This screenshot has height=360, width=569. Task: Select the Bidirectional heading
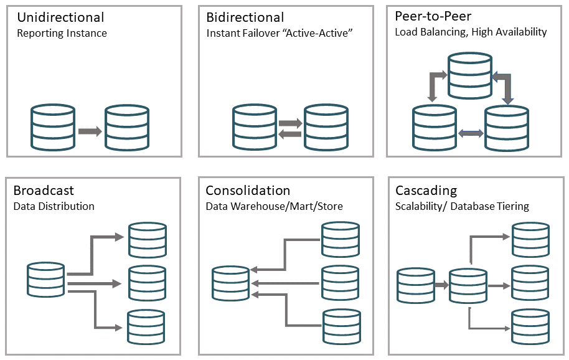pos(245,17)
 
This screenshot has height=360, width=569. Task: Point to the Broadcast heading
pos(44,191)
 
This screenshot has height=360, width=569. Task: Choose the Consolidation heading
pos(248,191)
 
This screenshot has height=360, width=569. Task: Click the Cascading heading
pos(426,191)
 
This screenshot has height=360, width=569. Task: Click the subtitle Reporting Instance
pos(62,34)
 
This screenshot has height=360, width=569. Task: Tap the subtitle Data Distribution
pos(54,206)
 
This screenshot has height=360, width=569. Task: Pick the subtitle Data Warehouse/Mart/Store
pos(274,206)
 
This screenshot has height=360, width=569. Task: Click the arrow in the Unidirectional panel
pos(90,131)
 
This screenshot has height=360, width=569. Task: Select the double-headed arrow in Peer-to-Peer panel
pos(471,132)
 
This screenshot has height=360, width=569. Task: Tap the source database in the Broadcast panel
pos(46,279)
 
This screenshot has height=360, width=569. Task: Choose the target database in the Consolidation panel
pos(230,283)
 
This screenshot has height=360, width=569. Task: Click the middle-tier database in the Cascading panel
pos(468,285)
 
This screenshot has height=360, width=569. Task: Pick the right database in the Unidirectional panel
pos(126,128)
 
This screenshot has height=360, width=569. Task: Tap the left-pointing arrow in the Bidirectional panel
pos(289,134)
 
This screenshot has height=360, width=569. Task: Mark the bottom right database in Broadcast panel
pos(146,327)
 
